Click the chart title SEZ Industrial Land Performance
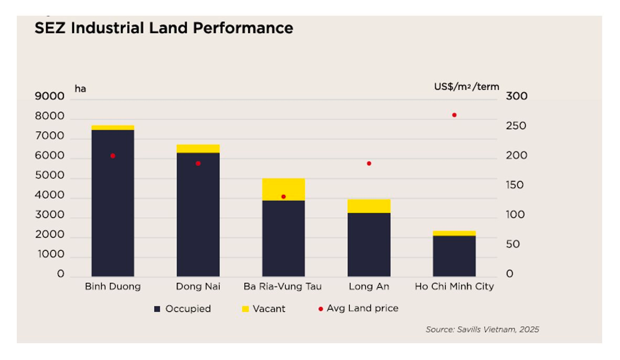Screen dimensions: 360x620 pos(164,28)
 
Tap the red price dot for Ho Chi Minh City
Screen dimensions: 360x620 pos(454,115)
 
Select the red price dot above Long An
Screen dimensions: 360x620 pos(369,163)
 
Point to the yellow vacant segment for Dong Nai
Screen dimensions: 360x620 pos(198,149)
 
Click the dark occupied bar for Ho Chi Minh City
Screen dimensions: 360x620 pos(454,256)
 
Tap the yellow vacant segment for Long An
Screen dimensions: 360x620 pos(369,206)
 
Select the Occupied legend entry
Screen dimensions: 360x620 pos(183,309)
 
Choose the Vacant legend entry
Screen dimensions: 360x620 pos(263,309)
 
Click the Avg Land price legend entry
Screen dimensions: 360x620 pos(358,309)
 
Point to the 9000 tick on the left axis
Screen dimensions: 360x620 pos(49,97)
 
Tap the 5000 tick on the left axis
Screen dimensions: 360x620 pos(49,176)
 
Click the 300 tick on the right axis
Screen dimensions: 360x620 pos(517,97)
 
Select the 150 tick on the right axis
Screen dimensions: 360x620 pos(515,185)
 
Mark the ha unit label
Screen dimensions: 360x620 pos(80,89)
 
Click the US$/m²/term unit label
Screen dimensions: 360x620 pos(466,87)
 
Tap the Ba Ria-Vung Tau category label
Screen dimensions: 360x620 pos(283,287)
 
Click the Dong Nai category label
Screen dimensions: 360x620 pos(198,287)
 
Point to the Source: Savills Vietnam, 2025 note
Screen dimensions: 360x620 pos(482,330)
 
